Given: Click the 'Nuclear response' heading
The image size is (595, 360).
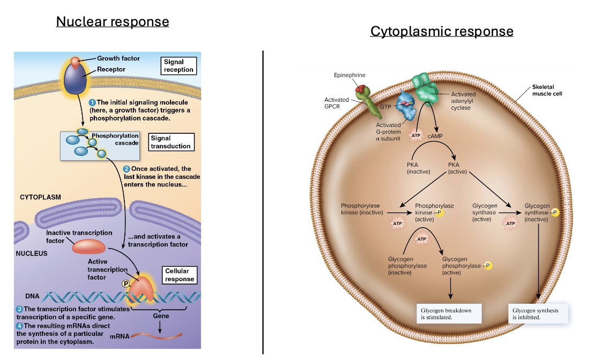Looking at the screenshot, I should pyautogui.click(x=113, y=22).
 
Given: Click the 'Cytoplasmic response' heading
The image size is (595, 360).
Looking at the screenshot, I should pyautogui.click(x=442, y=31).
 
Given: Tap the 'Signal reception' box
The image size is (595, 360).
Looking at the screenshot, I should pyautogui.click(x=178, y=66).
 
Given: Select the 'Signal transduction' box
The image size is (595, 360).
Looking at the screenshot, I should pyautogui.click(x=170, y=142).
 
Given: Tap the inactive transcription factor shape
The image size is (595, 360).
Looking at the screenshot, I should pyautogui.click(x=90, y=246).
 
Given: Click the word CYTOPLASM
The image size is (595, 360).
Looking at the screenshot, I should pyautogui.click(x=41, y=197).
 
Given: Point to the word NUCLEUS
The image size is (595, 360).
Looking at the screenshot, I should pyautogui.click(x=32, y=253).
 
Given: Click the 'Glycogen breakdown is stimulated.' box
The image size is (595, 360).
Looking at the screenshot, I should pyautogui.click(x=449, y=314).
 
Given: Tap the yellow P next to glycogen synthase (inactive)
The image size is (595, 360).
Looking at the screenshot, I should pyautogui.click(x=555, y=213).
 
